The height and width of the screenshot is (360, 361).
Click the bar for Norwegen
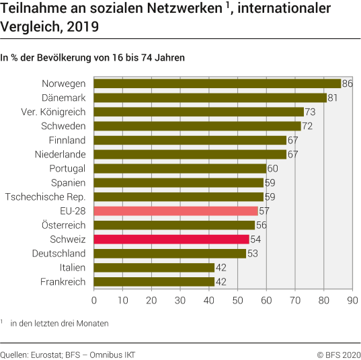pyautogui.click(x=217, y=83)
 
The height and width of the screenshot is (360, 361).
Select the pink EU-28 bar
pyautogui.click(x=175, y=211)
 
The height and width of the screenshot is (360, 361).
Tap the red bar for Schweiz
pyautogui.click(x=171, y=239)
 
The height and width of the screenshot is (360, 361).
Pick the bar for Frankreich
pyautogui.click(x=154, y=281)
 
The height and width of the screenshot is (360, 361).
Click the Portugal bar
pyautogui.click(x=180, y=168)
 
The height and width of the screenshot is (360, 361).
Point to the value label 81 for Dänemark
pyautogui.click(x=333, y=98)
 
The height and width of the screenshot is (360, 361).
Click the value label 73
pyautogui.click(x=310, y=112)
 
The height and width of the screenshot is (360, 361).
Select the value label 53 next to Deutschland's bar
pyautogui.click(x=252, y=253)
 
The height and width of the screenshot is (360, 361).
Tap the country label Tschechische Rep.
pyautogui.click(x=45, y=196)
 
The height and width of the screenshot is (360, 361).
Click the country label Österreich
pyautogui.click(x=59, y=225)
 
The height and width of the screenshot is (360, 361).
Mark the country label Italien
pyautogui.click(x=69, y=267)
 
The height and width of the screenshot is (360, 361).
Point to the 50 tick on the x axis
pyautogui.click(x=237, y=300)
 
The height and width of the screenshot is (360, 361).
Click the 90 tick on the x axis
pyautogui.click(x=352, y=300)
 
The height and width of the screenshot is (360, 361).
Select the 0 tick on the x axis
pyautogui.click(x=94, y=300)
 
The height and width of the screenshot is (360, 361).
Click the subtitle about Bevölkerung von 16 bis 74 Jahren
pyautogui.click(x=93, y=58)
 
